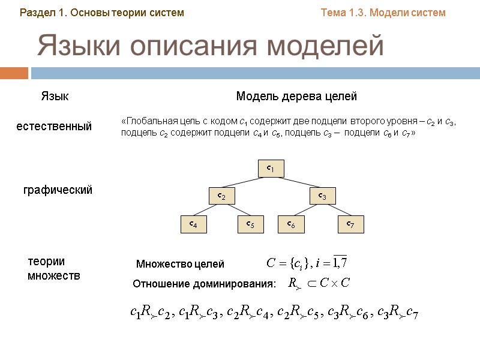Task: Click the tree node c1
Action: [271, 169]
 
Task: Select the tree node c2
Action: [221, 196]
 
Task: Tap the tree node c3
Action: [322, 196]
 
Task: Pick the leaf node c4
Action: [193, 224]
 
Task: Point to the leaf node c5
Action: [250, 224]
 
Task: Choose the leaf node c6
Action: [290, 224]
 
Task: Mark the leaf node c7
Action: [350, 224]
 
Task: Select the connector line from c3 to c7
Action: [337, 210]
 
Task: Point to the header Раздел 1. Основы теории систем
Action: [102, 12]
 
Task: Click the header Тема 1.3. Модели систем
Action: [383, 12]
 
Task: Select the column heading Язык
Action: [55, 96]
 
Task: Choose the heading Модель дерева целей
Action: [296, 96]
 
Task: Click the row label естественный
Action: [54, 126]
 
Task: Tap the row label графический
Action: [58, 190]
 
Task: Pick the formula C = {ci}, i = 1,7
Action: [307, 263]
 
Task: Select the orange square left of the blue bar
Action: [14, 73]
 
